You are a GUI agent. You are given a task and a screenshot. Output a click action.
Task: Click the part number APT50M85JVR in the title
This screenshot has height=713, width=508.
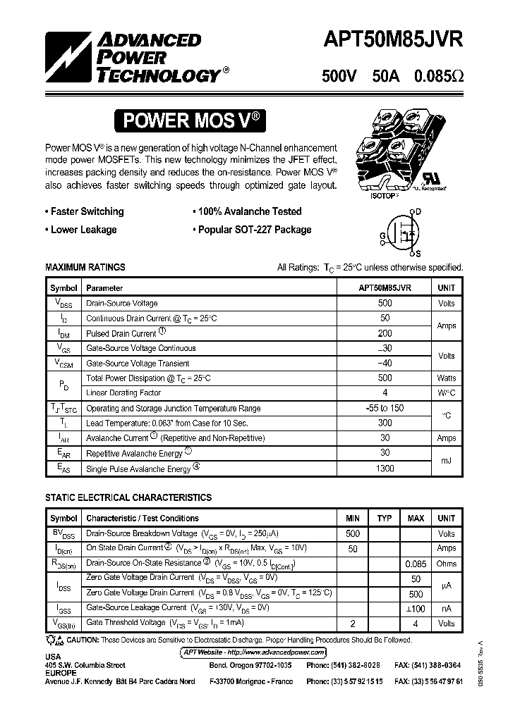pos(392,40)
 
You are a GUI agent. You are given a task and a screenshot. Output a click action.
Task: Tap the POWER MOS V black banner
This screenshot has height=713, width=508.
pos(190,120)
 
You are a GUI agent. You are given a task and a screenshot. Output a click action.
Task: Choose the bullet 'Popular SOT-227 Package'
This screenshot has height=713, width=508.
pos(252,230)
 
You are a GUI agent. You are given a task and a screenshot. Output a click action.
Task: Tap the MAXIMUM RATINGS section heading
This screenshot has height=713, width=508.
pos(85,268)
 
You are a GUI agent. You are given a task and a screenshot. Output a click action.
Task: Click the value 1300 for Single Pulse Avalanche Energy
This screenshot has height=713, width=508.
pos(385,469)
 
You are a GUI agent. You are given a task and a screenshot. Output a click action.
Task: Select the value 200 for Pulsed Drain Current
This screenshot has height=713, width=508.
pos(385,333)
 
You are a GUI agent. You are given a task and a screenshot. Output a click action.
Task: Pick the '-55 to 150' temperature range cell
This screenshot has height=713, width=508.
pos(385,408)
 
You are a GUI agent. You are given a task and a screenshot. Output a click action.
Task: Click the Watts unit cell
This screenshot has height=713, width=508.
pos(446,378)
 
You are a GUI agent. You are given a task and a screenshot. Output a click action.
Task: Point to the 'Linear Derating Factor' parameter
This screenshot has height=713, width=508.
pos(123,393)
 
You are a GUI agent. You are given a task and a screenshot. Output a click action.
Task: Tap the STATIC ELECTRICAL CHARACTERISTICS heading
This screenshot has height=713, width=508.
pos(128,497)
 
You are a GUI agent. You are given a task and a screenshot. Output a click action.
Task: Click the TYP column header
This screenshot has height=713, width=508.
pos(384,519)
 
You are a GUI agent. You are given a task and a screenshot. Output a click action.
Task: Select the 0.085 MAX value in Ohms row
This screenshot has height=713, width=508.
pos(416,564)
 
